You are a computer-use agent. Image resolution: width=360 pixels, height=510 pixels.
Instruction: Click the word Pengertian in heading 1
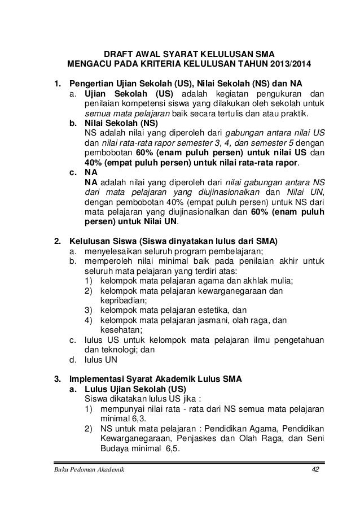tap(91, 84)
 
